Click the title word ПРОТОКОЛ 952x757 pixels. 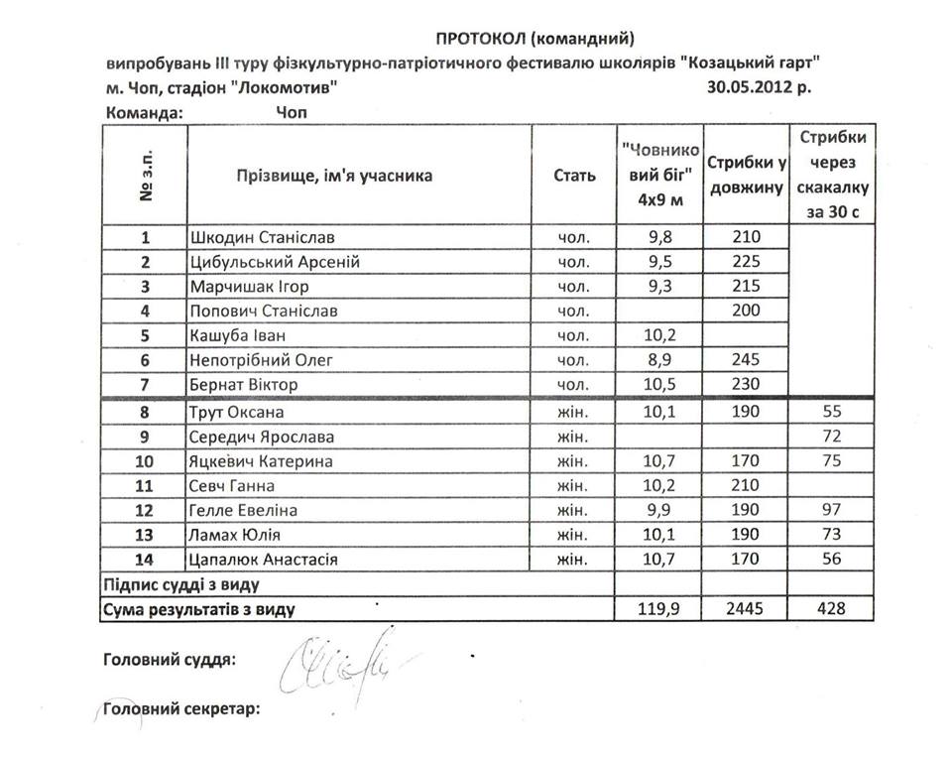click(480, 39)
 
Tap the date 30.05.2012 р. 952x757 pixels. click(759, 87)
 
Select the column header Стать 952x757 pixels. click(574, 176)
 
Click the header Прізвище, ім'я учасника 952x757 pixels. click(334, 176)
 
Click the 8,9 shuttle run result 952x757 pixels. click(660, 360)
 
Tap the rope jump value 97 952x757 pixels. click(832, 511)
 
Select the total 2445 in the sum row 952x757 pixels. click(745, 609)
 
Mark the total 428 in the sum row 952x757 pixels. click(832, 609)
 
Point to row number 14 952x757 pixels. click(145, 561)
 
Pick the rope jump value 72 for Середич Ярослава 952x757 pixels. click(832, 437)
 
